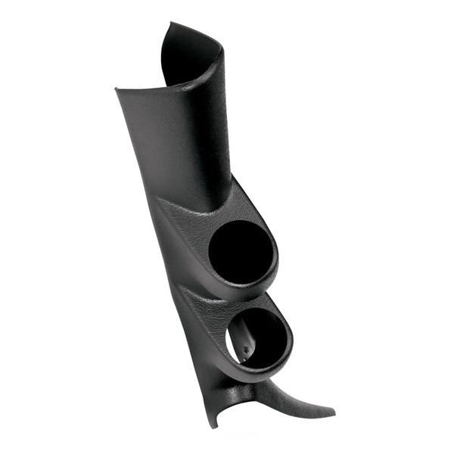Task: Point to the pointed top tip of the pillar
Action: tap(168, 25)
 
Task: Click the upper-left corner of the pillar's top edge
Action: tap(117, 90)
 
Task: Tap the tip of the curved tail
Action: tap(333, 413)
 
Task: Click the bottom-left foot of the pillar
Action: tap(216, 425)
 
